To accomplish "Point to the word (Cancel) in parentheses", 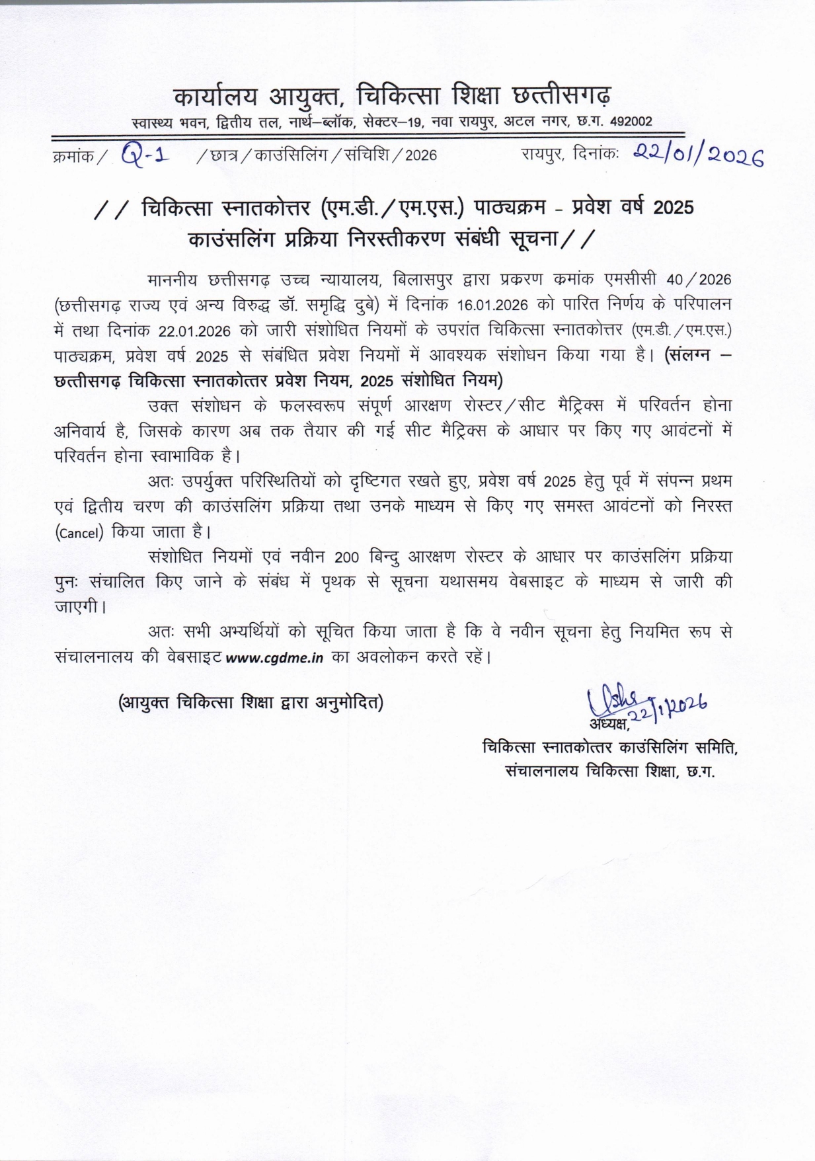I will pos(79,533).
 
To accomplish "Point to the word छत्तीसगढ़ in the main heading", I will pos(562,97).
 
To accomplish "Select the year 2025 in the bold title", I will pos(673,208).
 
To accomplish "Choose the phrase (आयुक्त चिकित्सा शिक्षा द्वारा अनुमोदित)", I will pos(251,702).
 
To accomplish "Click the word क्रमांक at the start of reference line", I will pos(71,157).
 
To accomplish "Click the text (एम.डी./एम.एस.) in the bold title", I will pos(391,208).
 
